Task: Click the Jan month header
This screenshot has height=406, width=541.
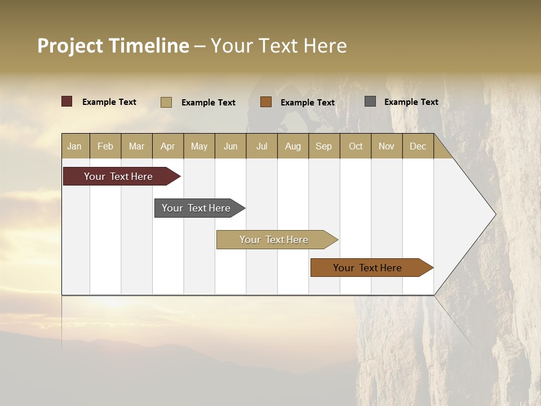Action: (x=74, y=146)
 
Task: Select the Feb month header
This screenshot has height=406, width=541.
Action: (x=105, y=146)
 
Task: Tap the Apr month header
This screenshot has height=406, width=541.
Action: (x=168, y=146)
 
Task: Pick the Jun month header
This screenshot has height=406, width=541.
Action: (x=230, y=146)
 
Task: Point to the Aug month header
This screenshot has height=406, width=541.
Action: (x=293, y=146)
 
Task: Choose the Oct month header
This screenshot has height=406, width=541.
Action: (x=356, y=146)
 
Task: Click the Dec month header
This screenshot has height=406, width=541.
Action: (x=418, y=146)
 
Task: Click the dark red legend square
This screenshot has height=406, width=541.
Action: (x=67, y=101)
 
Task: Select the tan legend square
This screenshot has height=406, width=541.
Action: (x=166, y=102)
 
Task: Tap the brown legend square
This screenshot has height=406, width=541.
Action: (x=266, y=102)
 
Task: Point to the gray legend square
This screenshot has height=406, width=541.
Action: (x=370, y=101)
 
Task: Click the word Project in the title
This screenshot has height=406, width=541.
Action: (x=70, y=46)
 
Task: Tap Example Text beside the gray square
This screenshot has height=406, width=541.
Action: (x=411, y=101)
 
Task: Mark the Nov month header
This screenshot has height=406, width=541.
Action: (x=387, y=146)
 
